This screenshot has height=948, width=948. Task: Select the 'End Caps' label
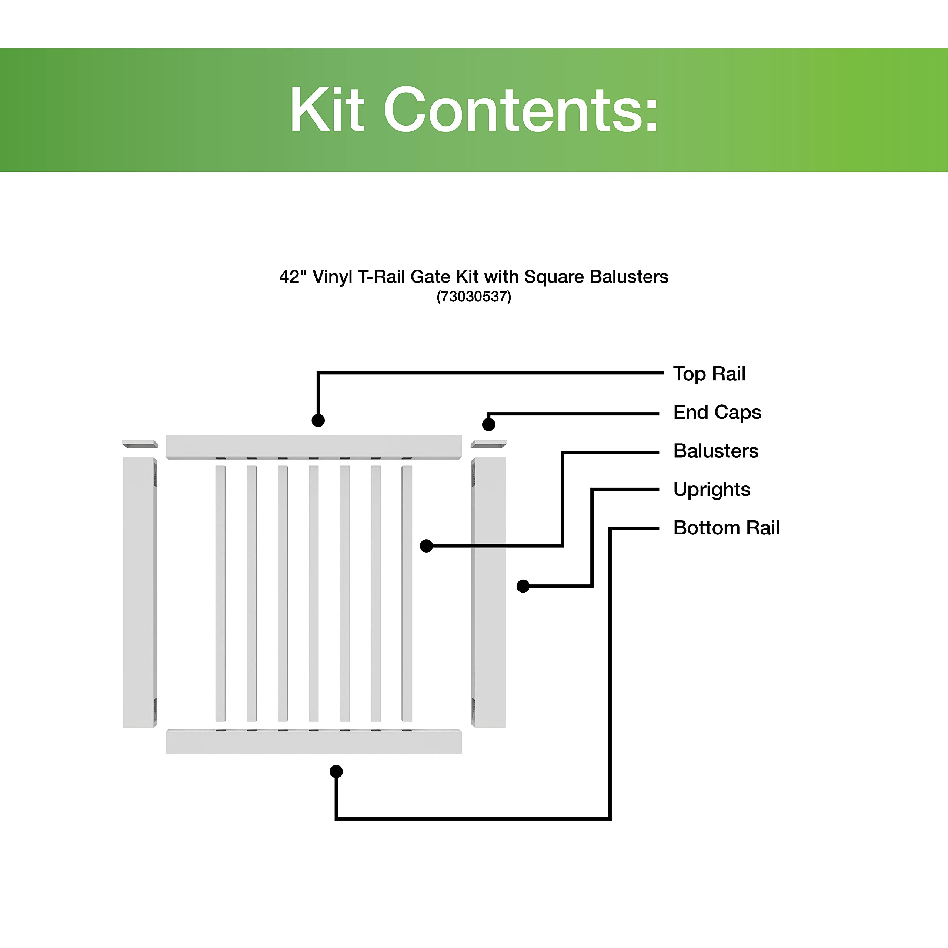click(717, 412)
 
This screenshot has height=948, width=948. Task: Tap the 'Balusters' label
click(715, 451)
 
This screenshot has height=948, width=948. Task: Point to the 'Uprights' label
click(711, 489)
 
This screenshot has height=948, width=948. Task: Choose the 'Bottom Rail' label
click(726, 528)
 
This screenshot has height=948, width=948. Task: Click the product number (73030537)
click(474, 297)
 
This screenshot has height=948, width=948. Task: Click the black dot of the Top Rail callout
click(318, 421)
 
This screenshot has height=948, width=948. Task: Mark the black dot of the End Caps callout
click(489, 424)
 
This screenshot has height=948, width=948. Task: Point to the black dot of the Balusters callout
click(426, 545)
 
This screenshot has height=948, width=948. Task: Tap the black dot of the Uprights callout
click(523, 586)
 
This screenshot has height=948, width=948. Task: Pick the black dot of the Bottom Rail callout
click(336, 771)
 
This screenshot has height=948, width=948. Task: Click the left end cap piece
click(140, 444)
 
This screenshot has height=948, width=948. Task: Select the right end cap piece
click(488, 444)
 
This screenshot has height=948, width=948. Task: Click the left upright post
click(139, 592)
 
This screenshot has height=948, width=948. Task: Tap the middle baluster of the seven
click(314, 593)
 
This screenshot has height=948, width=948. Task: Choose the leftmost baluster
click(220, 593)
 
